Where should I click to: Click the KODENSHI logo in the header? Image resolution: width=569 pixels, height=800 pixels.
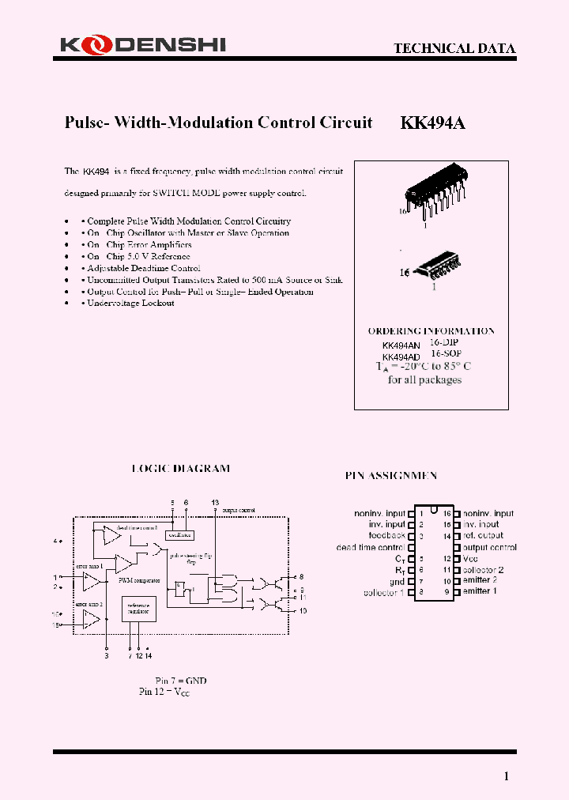point(142,46)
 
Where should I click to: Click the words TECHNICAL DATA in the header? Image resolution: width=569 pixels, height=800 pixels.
point(454,48)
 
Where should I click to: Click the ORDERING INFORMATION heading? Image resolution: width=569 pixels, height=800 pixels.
point(431,331)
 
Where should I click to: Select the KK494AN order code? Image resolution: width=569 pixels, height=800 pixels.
point(401,345)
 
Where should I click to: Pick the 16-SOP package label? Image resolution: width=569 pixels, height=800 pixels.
point(446,354)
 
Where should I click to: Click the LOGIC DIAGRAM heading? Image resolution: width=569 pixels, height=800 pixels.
point(180,468)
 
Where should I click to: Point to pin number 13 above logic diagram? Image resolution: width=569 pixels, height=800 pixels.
point(215,503)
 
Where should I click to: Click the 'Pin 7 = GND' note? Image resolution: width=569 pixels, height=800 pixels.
point(181,680)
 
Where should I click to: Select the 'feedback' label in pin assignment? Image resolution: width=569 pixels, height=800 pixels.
point(386,536)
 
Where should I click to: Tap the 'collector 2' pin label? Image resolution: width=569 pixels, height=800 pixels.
point(484,570)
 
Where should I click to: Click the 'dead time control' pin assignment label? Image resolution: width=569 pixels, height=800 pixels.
point(371,547)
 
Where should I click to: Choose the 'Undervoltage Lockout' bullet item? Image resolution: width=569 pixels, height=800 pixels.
point(130,304)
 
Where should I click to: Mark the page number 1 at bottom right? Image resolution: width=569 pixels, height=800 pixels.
point(507,775)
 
